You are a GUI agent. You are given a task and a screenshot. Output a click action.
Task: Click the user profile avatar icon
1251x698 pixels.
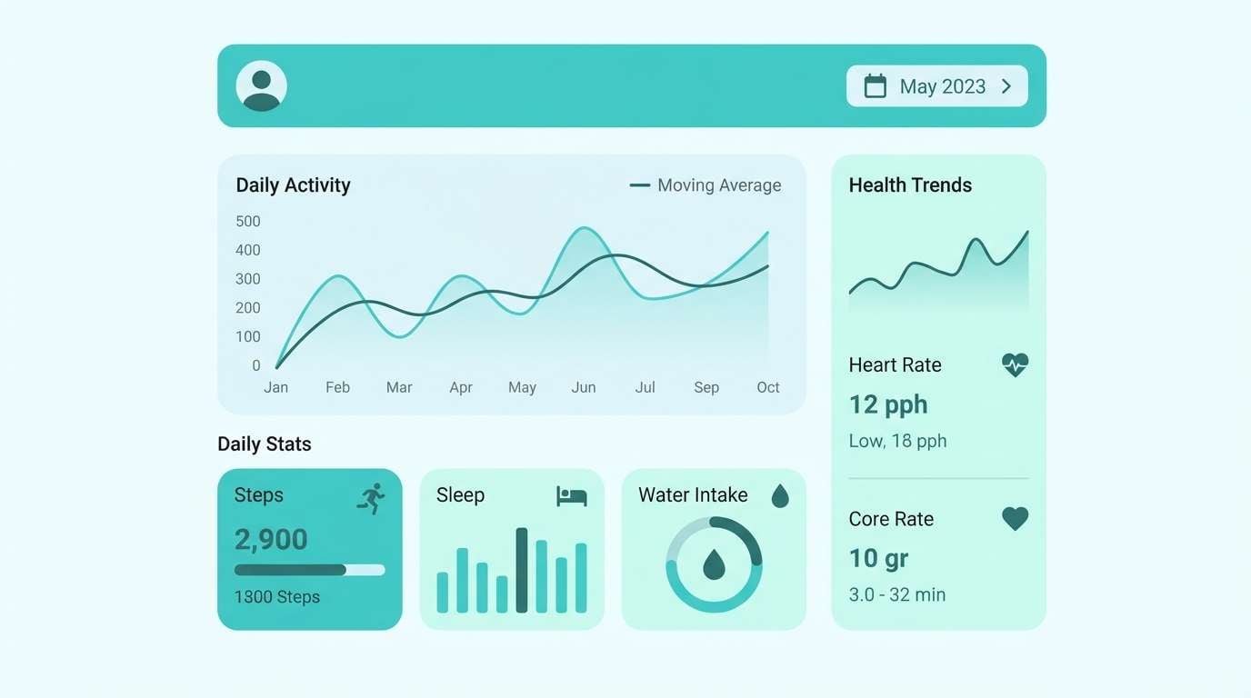[x=262, y=86]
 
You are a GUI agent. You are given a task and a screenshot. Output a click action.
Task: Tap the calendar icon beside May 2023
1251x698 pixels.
[x=875, y=86]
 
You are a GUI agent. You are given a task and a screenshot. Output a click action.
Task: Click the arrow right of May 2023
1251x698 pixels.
[x=1006, y=86]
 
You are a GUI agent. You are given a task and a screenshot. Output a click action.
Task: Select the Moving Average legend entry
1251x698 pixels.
[x=706, y=185]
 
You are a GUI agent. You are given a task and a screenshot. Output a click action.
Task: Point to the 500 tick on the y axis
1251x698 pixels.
[x=248, y=221]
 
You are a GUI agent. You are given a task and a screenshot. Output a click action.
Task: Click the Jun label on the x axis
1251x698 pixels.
[x=584, y=387]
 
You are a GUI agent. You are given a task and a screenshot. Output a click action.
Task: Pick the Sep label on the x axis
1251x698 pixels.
[x=706, y=387]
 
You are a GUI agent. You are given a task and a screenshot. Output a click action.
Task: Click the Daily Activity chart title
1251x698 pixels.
[x=293, y=185]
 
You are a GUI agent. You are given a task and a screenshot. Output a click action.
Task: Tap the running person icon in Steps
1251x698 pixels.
[x=371, y=498]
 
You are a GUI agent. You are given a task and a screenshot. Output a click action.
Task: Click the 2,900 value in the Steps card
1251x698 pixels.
[x=271, y=540]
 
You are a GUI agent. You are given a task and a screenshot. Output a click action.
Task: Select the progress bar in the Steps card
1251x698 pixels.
[x=309, y=570]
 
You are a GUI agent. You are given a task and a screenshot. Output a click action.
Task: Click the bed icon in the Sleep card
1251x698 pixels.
[x=572, y=496]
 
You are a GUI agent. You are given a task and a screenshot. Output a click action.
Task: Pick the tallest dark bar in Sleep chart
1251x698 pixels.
[x=522, y=570]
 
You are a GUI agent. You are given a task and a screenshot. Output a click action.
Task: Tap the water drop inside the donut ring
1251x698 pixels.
[x=714, y=564]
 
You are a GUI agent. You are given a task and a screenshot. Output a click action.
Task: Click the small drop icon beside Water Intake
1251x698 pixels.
[x=780, y=495]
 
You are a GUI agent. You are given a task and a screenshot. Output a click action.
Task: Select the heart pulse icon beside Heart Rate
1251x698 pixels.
[x=1015, y=365]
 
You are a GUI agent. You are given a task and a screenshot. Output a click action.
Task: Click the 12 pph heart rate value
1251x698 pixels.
[x=888, y=404]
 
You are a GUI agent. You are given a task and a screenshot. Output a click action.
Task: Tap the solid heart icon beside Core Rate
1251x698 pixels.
[x=1015, y=519]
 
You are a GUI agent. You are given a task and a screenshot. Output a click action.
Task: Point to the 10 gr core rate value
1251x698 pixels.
[x=878, y=558]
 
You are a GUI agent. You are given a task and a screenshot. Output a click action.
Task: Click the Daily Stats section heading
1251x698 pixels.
[x=265, y=444]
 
